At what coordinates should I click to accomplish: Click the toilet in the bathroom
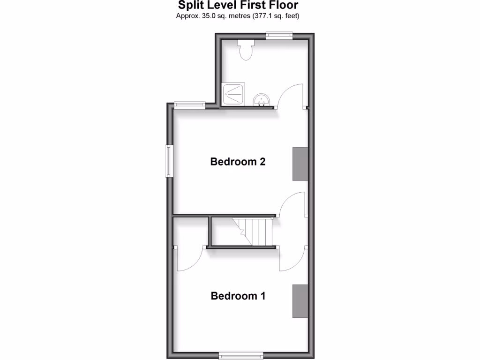[246, 50]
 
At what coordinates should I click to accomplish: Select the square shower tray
[233, 94]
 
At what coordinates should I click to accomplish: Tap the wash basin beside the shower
[262, 99]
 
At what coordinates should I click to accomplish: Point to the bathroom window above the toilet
[279, 34]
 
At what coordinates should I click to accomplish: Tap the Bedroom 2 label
[238, 162]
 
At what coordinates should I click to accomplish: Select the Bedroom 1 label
[238, 296]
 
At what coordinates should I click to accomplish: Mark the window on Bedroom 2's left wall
[169, 161]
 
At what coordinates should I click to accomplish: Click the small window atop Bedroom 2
[189, 105]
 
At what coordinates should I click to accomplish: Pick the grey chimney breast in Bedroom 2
[300, 164]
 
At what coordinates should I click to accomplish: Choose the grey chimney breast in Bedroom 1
[300, 300]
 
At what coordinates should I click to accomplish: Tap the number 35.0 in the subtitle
[208, 16]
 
